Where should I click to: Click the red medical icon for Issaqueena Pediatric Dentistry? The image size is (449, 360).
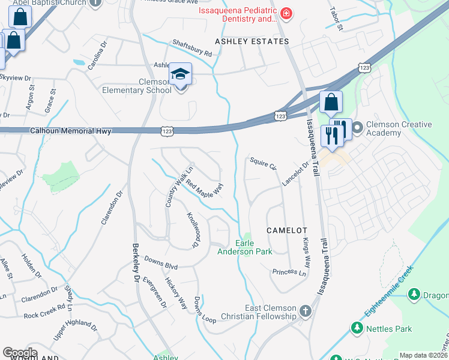(286, 13)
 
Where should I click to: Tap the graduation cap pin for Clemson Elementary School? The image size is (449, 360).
(180, 75)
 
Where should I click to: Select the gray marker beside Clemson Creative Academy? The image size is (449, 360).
(358, 128)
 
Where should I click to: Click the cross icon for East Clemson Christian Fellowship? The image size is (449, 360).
(306, 311)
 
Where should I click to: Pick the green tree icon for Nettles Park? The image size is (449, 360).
(357, 328)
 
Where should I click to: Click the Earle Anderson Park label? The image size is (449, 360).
(244, 247)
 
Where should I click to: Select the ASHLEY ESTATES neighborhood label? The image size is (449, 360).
(252, 41)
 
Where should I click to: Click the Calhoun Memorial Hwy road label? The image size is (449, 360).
(71, 130)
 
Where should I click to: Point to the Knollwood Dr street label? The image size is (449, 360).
(192, 230)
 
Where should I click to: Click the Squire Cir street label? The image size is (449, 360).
(263, 163)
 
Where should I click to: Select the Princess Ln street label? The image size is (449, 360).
(289, 272)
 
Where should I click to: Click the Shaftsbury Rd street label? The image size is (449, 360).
(192, 48)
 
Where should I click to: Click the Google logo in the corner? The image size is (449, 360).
(20, 353)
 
